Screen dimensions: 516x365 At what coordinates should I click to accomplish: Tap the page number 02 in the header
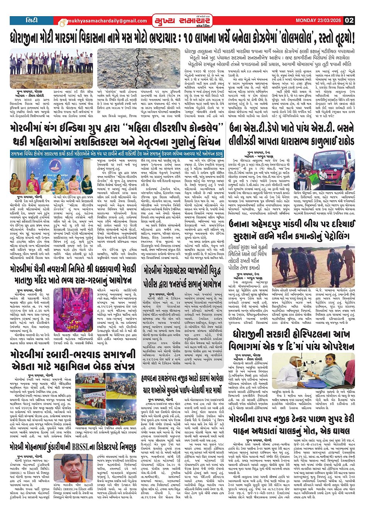point(349,20)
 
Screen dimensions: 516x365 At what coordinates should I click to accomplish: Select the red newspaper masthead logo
point(182,20)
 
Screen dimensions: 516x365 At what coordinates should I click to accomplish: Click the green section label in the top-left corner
point(31,20)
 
